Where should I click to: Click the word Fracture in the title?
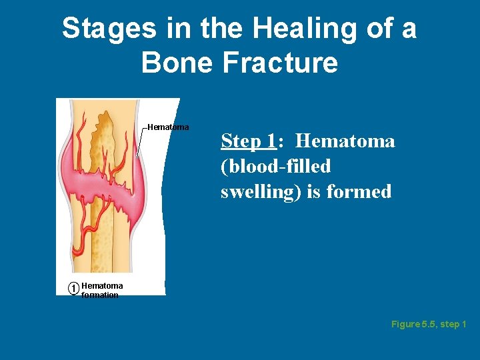tap(279, 63)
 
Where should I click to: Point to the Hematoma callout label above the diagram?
tap(168, 127)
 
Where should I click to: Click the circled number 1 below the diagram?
tap(73, 288)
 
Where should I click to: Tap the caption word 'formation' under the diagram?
tap(100, 295)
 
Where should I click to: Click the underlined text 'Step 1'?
tap(248, 141)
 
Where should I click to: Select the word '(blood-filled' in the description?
tap(275, 167)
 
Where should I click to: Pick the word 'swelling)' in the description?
tap(261, 192)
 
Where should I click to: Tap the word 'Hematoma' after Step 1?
tap(345, 141)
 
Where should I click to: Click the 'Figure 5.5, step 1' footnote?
tap(429, 325)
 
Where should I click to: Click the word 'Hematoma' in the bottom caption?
tap(102, 285)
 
